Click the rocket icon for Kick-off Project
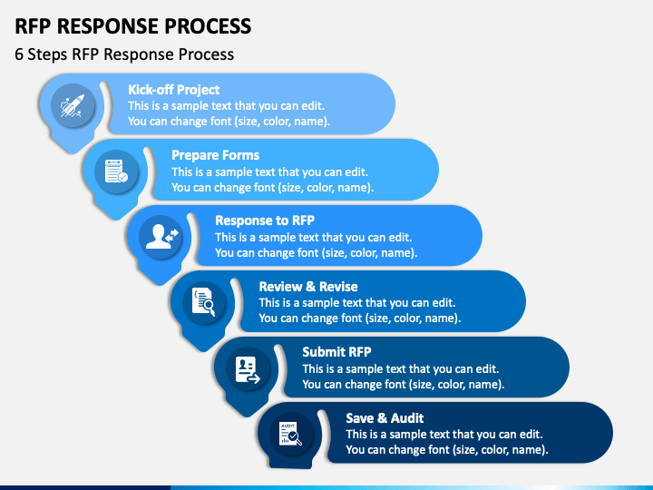click(73, 106)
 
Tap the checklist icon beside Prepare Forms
click(116, 171)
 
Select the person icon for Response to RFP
click(161, 237)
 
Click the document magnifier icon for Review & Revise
click(204, 301)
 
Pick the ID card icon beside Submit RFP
click(248, 369)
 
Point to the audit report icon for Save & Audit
click(291, 434)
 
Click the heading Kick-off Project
click(173, 90)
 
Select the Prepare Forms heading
click(215, 155)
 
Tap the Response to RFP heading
click(265, 220)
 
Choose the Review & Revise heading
click(308, 287)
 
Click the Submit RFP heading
click(336, 352)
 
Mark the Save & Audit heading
click(385, 418)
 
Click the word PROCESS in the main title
click(208, 26)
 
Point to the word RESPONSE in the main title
click(108, 26)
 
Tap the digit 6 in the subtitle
click(19, 54)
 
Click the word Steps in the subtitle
click(47, 55)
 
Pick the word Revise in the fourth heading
click(338, 287)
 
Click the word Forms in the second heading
click(239, 155)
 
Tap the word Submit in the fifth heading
click(323, 352)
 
